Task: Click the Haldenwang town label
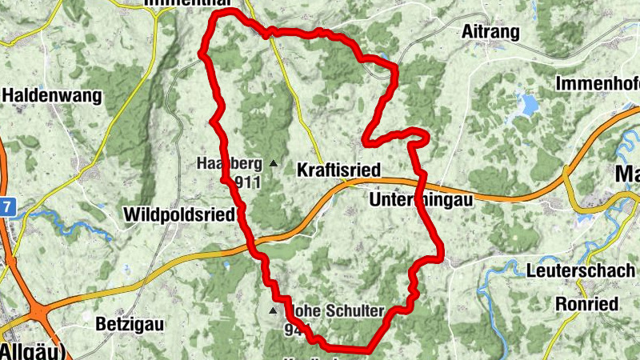coord(53,96)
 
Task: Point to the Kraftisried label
coord(338,170)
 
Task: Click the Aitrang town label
coord(490,32)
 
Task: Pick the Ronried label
coord(586,304)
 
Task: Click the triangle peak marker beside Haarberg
coord(274,164)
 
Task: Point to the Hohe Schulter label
coord(340,311)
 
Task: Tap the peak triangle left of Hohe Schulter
coord(274,310)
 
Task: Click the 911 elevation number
coord(248,182)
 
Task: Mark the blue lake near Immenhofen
coord(528,104)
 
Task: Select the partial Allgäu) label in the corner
coord(32,351)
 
